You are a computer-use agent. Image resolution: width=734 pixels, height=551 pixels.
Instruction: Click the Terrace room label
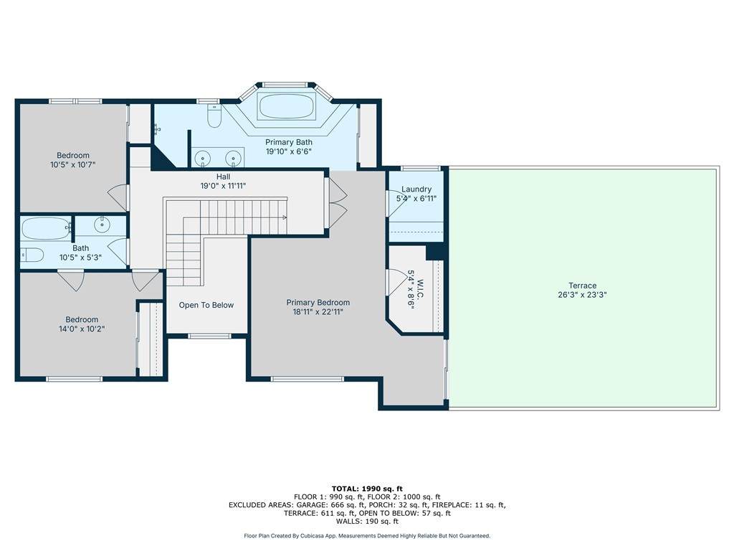pos(582,286)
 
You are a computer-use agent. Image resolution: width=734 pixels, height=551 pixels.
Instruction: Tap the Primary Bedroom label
pos(318,303)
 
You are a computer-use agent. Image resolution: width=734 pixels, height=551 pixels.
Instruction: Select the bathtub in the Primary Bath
pos(287,107)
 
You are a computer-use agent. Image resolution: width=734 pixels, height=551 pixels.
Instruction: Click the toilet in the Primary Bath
pos(214,116)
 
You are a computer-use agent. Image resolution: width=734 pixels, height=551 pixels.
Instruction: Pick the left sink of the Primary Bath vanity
pos(203,159)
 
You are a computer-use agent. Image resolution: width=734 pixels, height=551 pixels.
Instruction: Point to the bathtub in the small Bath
pos(45,229)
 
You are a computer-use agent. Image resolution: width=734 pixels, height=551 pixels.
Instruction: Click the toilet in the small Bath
pos(32,255)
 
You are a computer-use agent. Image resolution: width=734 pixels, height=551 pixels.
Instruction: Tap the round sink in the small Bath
pos(102,225)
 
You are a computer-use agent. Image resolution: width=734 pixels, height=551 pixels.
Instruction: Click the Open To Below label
pos(206,305)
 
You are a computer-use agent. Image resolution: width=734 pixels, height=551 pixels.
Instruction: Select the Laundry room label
pos(416,189)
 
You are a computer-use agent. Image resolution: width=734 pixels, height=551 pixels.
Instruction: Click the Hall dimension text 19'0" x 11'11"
pos(224,186)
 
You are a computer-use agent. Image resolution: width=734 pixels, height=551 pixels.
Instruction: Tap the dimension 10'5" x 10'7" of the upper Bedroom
pos(73,164)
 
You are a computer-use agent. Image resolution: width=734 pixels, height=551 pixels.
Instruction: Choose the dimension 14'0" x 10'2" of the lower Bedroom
pos(82,329)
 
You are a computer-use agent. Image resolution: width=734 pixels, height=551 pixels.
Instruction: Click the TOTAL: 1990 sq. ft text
pos(367,489)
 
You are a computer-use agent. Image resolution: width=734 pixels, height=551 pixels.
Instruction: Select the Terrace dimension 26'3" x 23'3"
pos(582,295)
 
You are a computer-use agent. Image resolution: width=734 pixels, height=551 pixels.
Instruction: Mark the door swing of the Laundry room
pos(394,203)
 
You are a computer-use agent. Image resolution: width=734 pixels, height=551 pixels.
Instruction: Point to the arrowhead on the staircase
pos(284,217)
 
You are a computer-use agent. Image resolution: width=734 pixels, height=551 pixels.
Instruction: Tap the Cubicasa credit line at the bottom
pos(367,535)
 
